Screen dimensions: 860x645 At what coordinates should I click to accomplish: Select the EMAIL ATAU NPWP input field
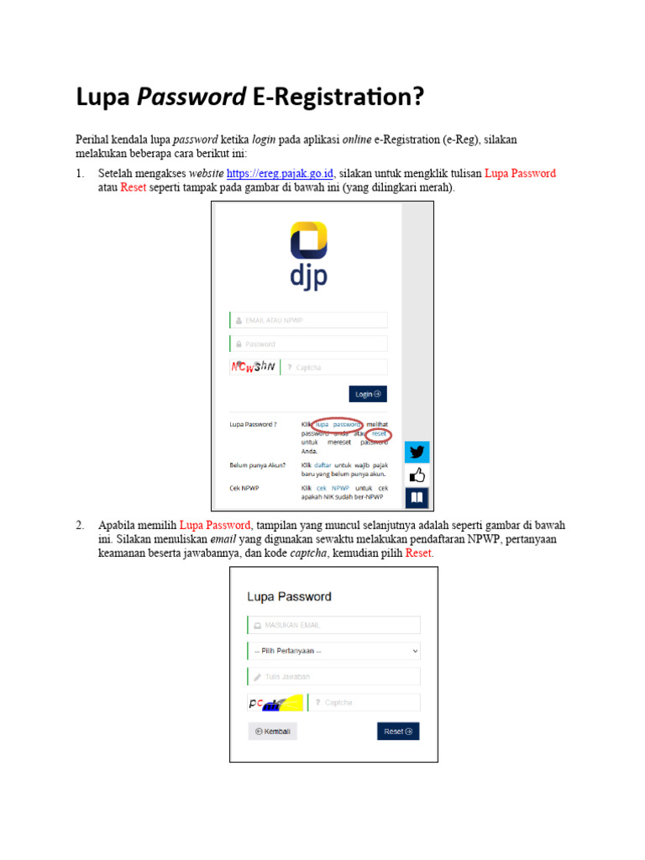tap(308, 320)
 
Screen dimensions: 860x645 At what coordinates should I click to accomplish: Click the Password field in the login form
tap(308, 343)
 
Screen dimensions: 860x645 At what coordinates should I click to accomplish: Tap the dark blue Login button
tap(368, 394)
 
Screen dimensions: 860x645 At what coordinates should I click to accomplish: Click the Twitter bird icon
tap(417, 453)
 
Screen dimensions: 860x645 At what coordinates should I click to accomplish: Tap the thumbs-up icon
tap(417, 475)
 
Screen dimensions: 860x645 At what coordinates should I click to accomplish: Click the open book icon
tap(417, 498)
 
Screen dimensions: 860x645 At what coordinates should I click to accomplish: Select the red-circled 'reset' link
tap(379, 433)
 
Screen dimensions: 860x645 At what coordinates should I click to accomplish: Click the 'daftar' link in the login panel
tap(323, 464)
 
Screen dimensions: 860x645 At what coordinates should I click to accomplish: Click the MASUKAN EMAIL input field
tap(333, 625)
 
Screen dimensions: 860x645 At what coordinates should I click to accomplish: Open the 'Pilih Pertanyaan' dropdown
tap(333, 651)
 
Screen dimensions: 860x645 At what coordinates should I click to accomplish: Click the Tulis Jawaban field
tap(333, 677)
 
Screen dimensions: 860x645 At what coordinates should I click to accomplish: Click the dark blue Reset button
tap(398, 732)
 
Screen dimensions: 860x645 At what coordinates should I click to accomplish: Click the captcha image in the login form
tap(253, 367)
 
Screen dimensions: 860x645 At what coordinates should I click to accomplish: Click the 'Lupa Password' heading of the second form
tap(289, 597)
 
